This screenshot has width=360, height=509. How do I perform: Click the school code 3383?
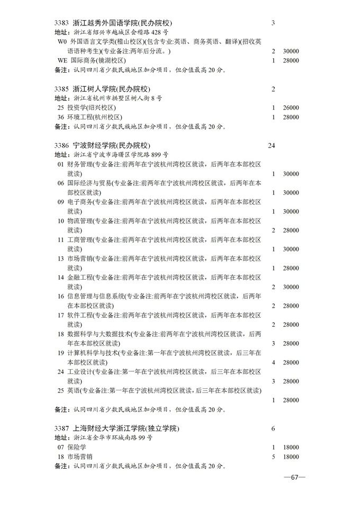pos(62,23)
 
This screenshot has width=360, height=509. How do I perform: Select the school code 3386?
pos(62,146)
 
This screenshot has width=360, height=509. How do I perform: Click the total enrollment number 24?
pos(272,146)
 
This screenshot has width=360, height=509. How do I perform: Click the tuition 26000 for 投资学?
pos(291,108)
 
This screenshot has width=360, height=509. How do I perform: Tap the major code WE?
pos(62,60)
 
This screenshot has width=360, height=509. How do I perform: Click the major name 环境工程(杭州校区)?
pos(95,117)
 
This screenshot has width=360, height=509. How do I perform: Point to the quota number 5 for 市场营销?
pos(273,457)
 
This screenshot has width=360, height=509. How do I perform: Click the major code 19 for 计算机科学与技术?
pos(60,353)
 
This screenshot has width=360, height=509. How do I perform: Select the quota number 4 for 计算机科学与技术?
pos(273,362)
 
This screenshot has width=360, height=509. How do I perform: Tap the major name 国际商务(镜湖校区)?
pos(95,60)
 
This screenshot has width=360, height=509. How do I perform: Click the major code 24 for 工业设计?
pos(60,372)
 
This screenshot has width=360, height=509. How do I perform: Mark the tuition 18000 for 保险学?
pos(291,447)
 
